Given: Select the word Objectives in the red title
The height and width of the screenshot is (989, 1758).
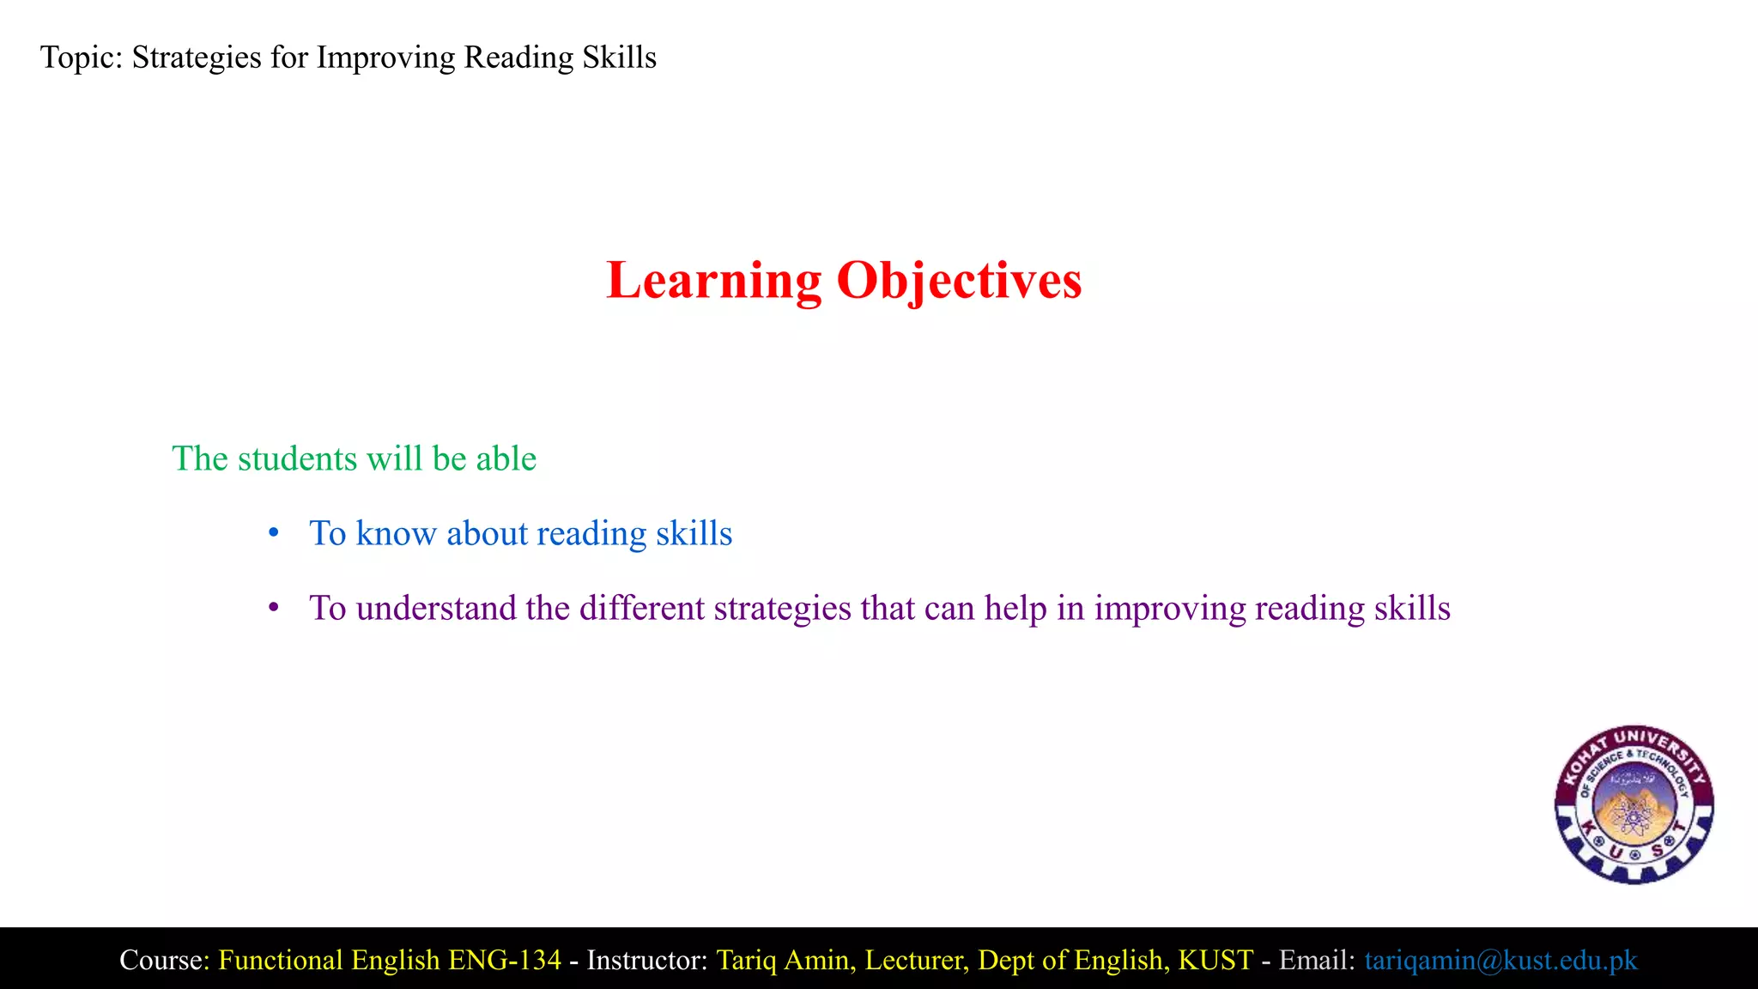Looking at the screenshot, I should coord(959,281).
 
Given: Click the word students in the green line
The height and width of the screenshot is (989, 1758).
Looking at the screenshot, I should coord(297,459).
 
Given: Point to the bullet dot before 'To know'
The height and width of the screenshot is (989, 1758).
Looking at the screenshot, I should coord(274,534).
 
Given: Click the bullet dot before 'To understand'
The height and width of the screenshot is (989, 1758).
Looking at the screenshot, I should coord(274,609).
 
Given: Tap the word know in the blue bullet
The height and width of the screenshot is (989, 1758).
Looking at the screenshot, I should coord(396,534).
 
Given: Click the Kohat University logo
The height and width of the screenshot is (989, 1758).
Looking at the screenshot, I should coord(1634,804).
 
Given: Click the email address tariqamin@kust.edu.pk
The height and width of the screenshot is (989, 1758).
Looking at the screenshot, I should coord(1500,960).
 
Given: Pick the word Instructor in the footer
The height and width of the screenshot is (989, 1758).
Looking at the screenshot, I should coord(646,960).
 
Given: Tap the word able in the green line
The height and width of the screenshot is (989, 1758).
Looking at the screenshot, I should coord(506,459).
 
